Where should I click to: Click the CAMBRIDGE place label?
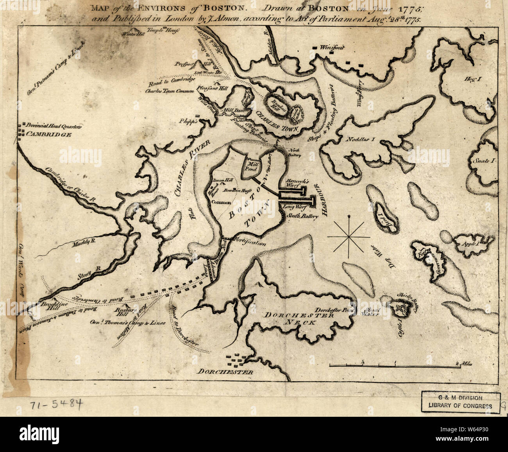pos(48,134)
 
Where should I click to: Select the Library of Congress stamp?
pos(461,402)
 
